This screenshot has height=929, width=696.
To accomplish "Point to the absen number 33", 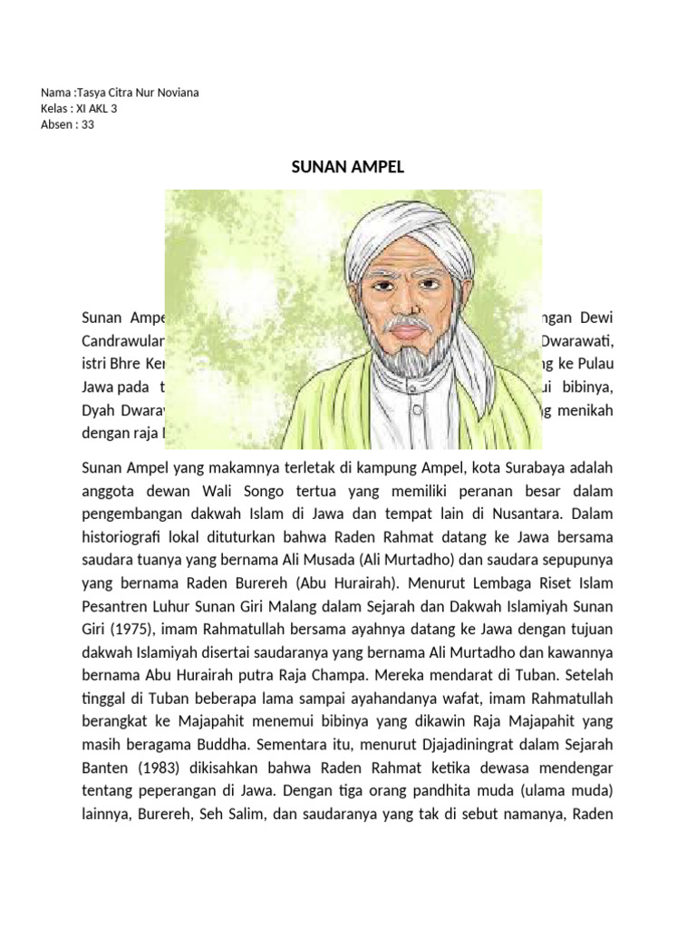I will [x=88, y=124].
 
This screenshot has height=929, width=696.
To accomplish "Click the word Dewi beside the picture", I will [x=594, y=318].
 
